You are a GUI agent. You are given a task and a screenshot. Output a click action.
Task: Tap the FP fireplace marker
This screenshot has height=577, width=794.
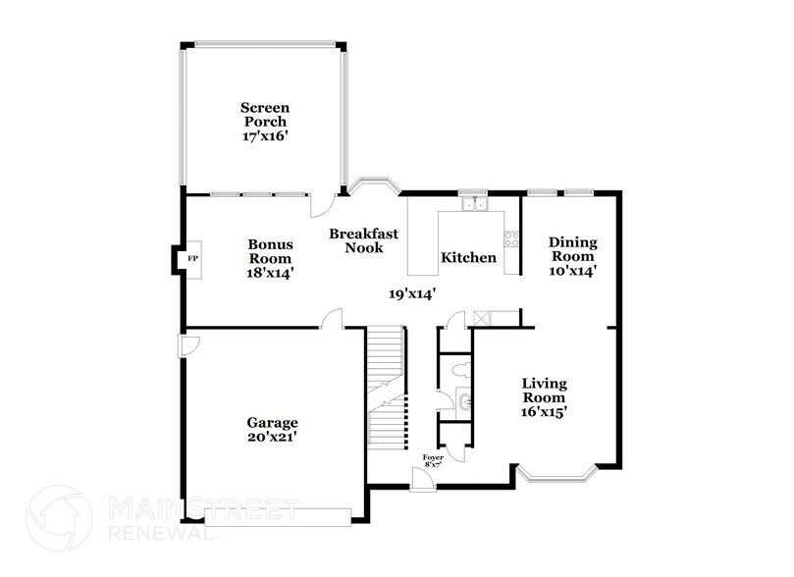(x=192, y=258)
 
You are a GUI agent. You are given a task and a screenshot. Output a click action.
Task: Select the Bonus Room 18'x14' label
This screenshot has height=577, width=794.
(x=271, y=257)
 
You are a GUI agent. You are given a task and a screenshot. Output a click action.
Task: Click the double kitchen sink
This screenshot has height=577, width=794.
(x=476, y=205)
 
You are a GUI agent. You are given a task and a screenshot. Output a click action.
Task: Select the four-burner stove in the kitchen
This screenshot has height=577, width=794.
(x=510, y=238)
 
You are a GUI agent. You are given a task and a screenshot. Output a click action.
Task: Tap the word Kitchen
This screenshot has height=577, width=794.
(x=468, y=258)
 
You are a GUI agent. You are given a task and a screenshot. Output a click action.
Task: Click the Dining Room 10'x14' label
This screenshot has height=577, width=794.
(x=572, y=255)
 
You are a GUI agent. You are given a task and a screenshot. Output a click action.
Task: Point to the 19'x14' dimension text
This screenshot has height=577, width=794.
(x=411, y=292)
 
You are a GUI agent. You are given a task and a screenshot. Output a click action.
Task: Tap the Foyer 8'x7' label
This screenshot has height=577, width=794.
(x=433, y=461)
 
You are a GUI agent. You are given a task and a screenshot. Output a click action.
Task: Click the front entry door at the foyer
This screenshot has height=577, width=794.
(x=422, y=480)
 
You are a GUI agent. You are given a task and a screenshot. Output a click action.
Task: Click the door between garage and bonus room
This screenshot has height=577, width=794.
(x=334, y=319)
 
